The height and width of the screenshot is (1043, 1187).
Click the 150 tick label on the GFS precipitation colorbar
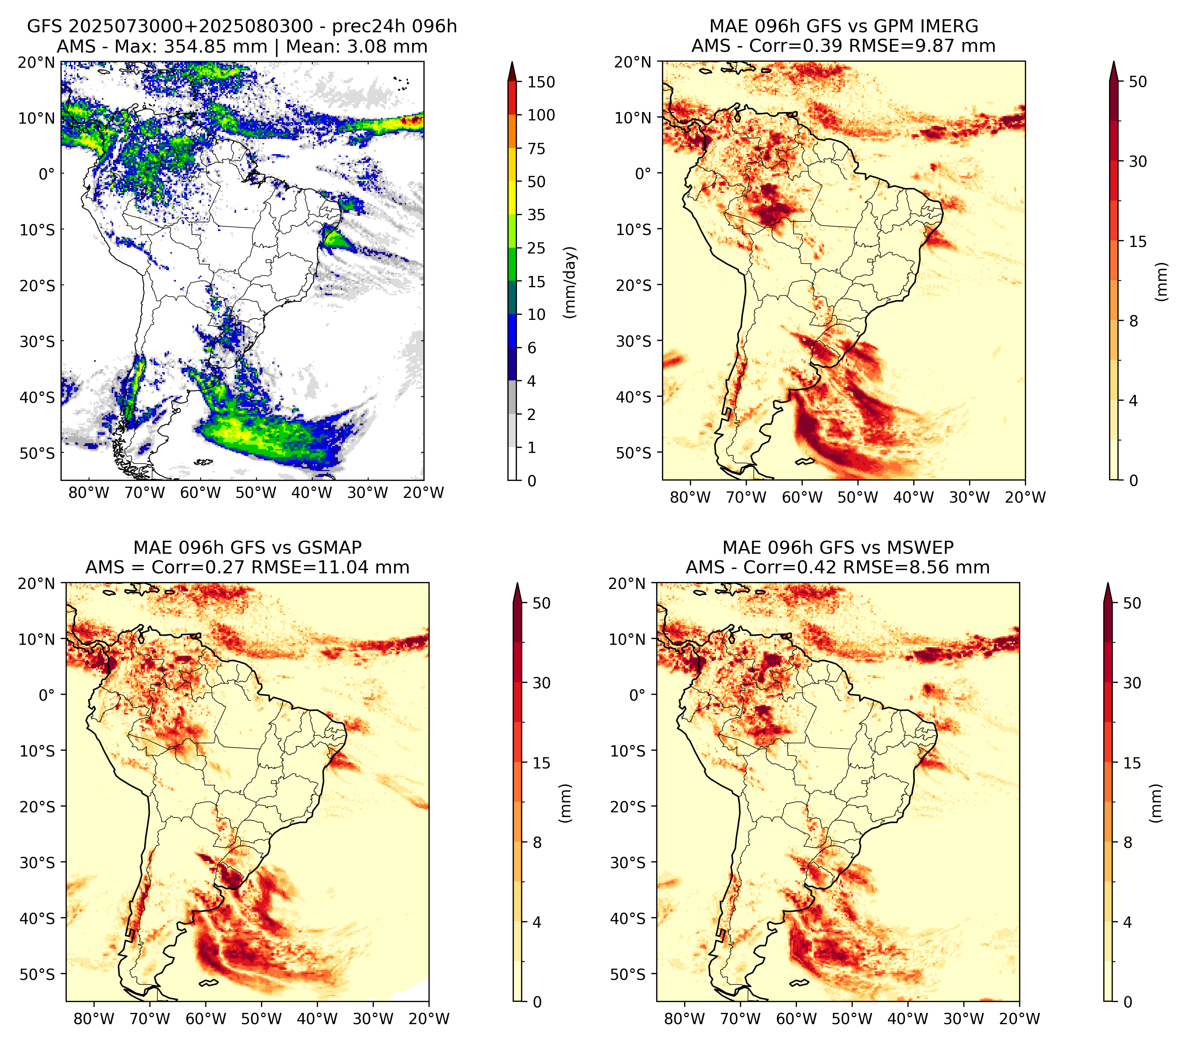click(x=541, y=82)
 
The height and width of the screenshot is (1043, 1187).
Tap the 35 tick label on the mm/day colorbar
click(x=537, y=215)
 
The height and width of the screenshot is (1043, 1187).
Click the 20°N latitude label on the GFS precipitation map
click(x=37, y=62)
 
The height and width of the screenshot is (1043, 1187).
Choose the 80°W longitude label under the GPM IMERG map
click(x=690, y=497)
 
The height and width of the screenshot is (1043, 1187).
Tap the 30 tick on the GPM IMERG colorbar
click(x=1138, y=161)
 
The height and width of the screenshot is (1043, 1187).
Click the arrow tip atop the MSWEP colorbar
click(x=1108, y=584)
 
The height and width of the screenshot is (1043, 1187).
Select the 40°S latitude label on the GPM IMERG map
click(x=634, y=397)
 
